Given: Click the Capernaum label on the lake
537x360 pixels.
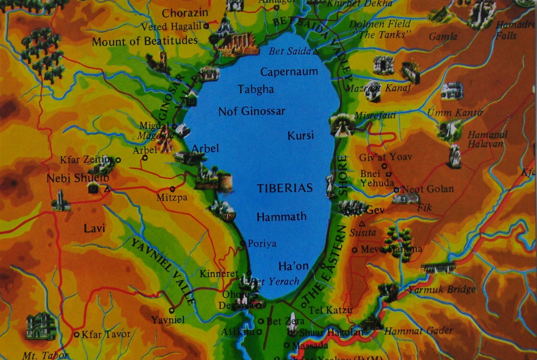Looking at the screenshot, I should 289,72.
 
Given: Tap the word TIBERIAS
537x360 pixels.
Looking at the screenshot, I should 285,188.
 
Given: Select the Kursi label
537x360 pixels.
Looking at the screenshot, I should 300,136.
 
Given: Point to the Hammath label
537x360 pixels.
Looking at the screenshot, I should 281,217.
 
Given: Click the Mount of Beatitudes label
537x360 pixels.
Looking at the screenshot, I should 145,42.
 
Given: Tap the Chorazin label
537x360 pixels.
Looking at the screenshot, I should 185,13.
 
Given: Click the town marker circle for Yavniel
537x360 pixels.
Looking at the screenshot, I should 172,310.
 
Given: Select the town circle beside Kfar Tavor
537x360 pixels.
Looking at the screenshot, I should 77,334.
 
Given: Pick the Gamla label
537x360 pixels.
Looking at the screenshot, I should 443,36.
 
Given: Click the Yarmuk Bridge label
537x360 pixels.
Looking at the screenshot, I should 442,289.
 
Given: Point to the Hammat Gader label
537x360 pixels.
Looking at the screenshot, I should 419,331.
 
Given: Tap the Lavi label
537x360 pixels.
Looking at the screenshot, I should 94,229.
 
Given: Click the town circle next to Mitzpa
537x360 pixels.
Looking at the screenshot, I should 173,189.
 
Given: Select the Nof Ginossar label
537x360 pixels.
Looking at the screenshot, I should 252,111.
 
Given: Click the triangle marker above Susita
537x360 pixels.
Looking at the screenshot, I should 362,223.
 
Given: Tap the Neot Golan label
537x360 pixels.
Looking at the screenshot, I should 428,189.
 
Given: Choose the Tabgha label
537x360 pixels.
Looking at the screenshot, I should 256,89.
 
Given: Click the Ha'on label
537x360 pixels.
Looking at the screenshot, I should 293,266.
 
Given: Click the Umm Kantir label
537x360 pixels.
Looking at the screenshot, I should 455,113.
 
